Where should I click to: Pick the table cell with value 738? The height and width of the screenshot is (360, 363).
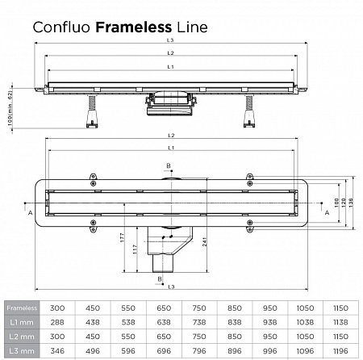click(x=199, y=321)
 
